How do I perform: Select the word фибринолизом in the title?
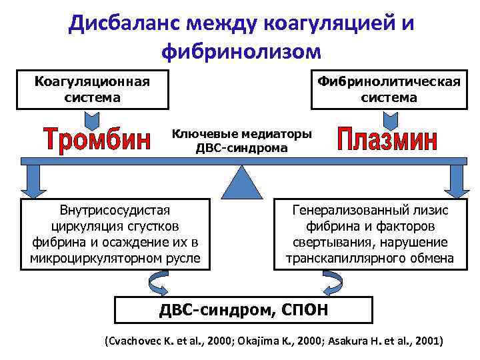coord(240,51)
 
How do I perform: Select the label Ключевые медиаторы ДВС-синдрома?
coord(241,141)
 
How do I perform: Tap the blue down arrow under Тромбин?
coord(31,178)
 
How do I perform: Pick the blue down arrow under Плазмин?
coord(457,178)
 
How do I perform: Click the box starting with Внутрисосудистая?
coord(115,234)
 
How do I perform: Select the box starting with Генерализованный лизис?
coord(370,234)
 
